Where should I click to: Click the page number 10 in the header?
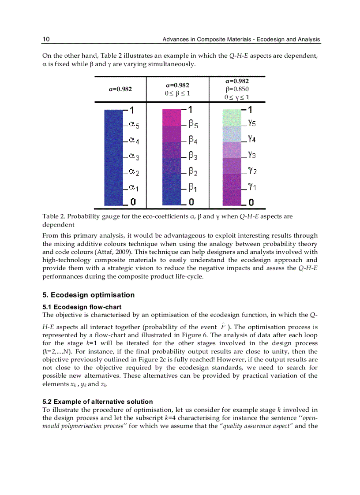(x=46, y=40)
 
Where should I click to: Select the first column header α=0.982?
(x=120, y=89)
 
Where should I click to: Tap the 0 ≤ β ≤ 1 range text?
(x=178, y=93)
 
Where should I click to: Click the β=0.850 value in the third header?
(x=237, y=89)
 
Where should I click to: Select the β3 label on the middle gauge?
(x=193, y=156)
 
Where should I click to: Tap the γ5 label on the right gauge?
(x=251, y=124)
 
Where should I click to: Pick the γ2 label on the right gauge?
(x=251, y=171)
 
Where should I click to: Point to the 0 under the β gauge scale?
(x=191, y=202)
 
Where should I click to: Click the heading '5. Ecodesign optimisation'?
(x=88, y=295)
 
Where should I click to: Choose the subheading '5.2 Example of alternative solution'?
(x=97, y=402)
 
